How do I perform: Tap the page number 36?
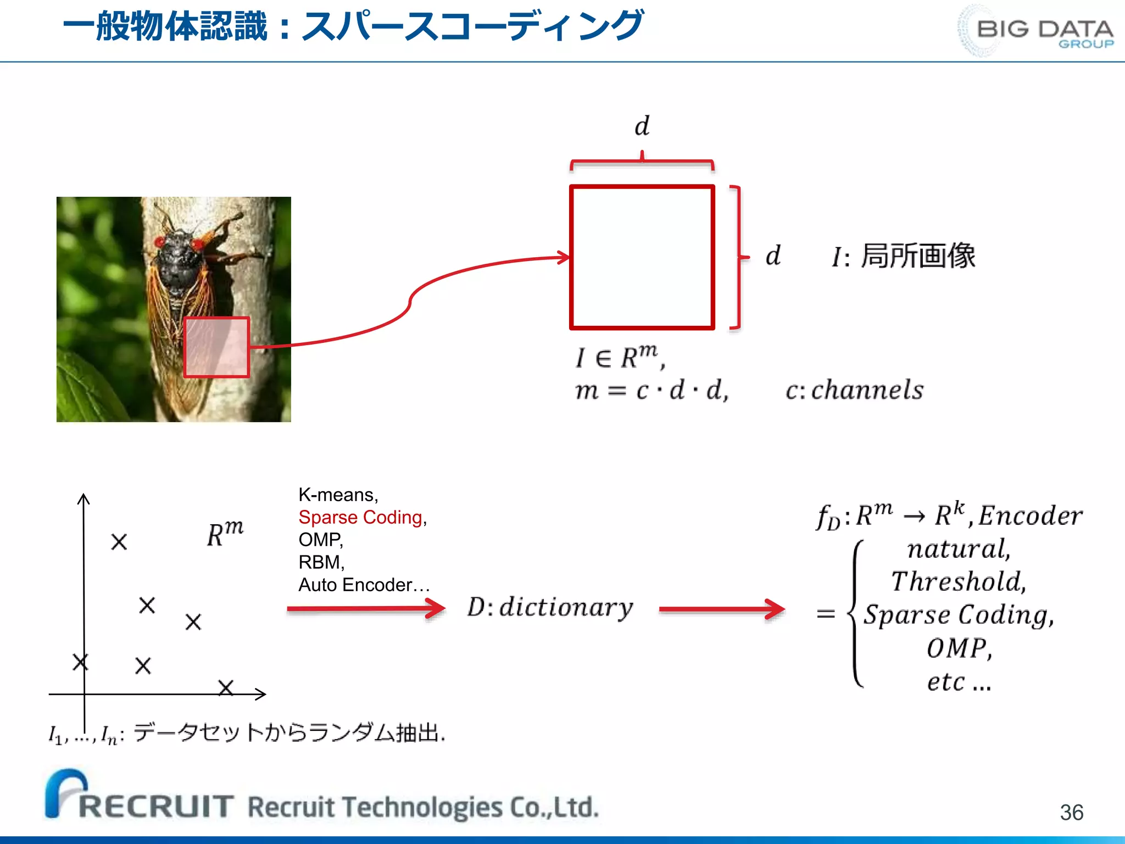point(1071,812)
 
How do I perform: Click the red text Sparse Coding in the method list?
point(360,517)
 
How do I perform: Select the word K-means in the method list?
point(336,495)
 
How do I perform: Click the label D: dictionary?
point(550,607)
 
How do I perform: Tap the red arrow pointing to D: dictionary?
point(366,608)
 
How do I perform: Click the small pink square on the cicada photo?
point(216,347)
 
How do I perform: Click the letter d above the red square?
point(642,126)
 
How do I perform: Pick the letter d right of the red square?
point(773,256)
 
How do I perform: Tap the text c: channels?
point(854,390)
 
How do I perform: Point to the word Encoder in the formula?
point(1031,515)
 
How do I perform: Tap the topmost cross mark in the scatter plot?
point(119,542)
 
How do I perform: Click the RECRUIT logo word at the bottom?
point(156,806)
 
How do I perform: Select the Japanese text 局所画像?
point(918,256)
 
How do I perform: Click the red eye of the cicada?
point(160,241)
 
